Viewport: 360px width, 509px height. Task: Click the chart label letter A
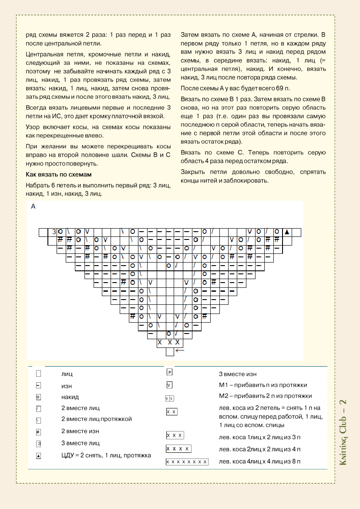[34, 207]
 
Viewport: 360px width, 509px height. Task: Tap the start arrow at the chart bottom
[180, 350]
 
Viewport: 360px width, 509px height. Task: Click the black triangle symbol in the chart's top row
[287, 232]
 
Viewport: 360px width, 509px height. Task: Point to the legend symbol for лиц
[38, 373]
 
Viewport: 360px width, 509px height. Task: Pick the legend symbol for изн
[38, 385]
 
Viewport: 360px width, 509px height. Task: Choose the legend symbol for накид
[38, 397]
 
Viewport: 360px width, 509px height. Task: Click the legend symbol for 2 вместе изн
[38, 431]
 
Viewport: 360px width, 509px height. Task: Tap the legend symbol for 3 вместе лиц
[38, 443]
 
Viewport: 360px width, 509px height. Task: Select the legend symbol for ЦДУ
[38, 456]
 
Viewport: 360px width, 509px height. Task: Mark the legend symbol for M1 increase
[170, 385]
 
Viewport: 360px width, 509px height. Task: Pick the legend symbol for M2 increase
[170, 398]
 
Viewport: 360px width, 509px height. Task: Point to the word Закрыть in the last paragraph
[192, 172]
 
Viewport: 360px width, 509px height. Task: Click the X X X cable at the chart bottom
[168, 343]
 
